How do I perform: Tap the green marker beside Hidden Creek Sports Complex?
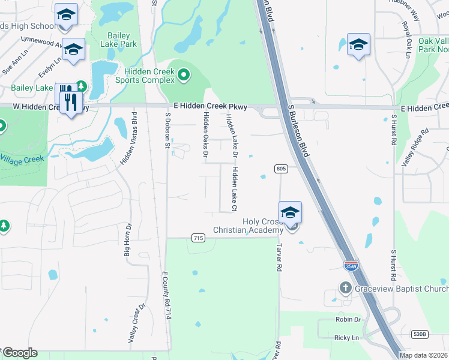click(184, 76)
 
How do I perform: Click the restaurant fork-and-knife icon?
click(70, 99)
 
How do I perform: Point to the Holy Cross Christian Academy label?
click(248, 226)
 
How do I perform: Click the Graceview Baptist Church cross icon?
click(345, 288)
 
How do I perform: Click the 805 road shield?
click(282, 169)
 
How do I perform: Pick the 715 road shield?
click(197, 238)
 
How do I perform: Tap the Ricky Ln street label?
click(346, 338)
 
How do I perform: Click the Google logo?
click(20, 353)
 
